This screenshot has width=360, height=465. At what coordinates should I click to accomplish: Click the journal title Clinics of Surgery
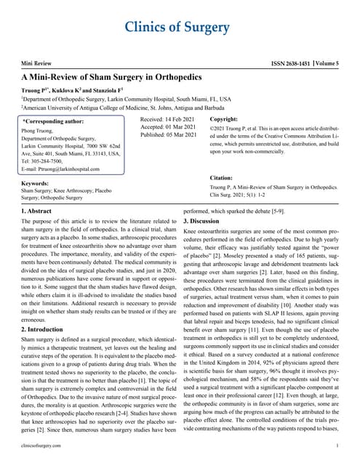(x=180, y=28)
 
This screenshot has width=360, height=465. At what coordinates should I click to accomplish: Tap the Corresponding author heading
(x=54, y=121)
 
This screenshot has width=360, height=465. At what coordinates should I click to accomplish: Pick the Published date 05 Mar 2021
(x=169, y=135)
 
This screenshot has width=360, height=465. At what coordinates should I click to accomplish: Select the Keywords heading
(x=36, y=183)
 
